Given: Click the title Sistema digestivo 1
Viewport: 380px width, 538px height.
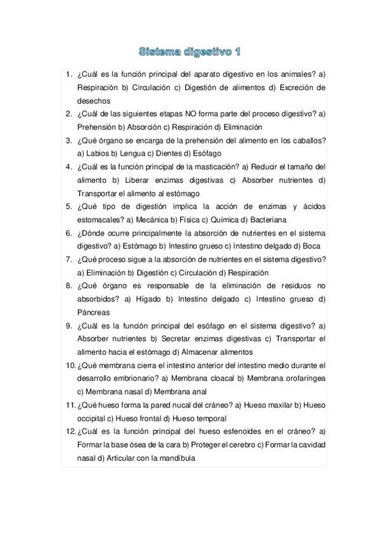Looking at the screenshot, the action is click(x=190, y=50).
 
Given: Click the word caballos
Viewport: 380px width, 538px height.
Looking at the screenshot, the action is click(x=308, y=140).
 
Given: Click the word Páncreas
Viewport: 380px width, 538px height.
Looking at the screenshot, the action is click(x=93, y=312).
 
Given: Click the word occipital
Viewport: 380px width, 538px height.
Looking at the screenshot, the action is click(x=94, y=418).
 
